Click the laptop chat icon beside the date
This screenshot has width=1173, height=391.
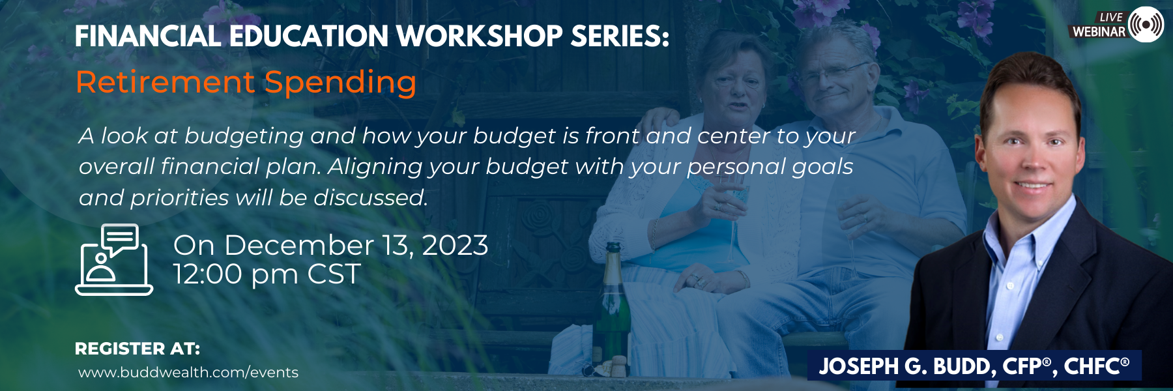(x=114, y=259)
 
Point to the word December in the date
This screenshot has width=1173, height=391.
(x=299, y=246)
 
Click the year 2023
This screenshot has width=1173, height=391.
(x=455, y=246)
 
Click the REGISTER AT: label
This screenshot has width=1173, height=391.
(x=138, y=349)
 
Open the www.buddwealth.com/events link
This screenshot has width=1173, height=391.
(x=188, y=372)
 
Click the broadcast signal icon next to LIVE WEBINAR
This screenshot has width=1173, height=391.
(x=1146, y=25)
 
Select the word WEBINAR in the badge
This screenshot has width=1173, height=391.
(x=1099, y=31)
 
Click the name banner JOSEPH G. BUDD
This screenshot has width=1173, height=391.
(x=974, y=366)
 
